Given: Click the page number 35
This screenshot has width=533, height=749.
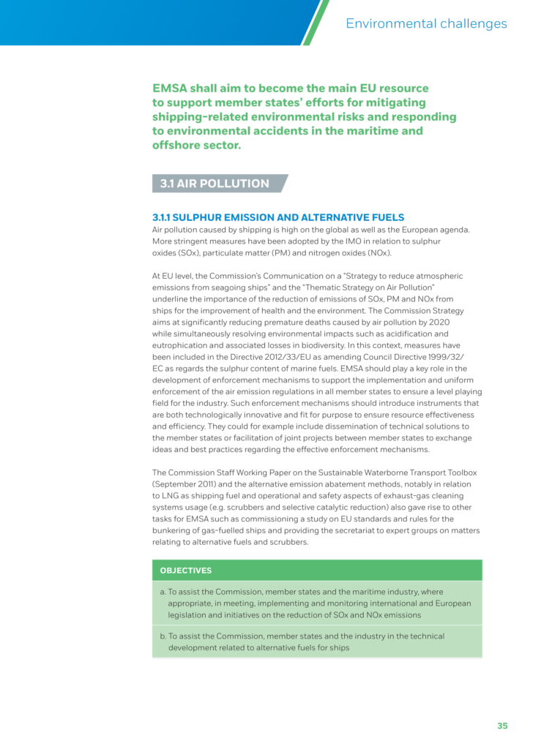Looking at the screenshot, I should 502,726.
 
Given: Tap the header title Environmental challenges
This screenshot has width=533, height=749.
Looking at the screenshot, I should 426,23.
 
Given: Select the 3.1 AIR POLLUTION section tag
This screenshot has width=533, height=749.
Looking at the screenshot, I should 215,184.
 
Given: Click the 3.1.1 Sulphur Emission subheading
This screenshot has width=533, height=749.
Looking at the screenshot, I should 277,217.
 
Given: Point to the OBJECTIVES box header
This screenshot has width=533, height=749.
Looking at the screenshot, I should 186,571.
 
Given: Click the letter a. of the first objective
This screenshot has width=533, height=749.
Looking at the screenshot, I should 163,592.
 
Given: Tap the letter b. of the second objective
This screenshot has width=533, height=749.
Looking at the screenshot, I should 163,636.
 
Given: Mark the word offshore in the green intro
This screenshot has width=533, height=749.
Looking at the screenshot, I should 175,146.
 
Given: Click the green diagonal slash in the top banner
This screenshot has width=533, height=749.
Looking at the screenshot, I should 314,22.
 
